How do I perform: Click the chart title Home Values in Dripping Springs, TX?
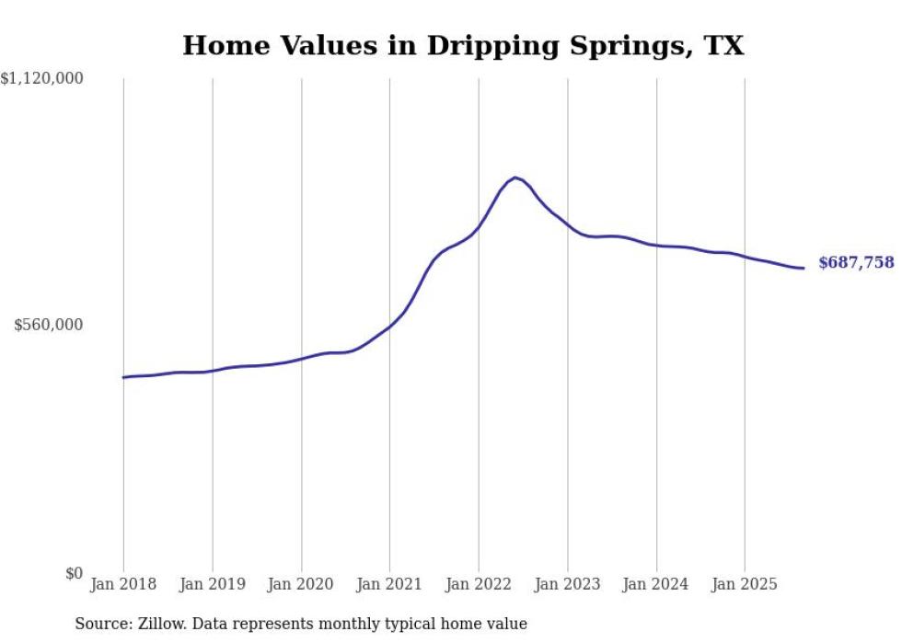tap(463, 45)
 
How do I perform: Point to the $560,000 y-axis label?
tap(49, 325)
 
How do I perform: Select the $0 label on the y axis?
tap(74, 573)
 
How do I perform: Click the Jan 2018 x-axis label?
tap(123, 584)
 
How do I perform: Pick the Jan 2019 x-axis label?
tap(213, 584)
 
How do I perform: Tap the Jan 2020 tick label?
tap(301, 584)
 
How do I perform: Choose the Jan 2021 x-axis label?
tap(389, 584)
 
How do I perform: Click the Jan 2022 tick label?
tap(479, 584)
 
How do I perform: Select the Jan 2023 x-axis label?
tap(568, 584)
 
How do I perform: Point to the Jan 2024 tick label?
tap(656, 584)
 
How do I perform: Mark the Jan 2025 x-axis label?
tap(745, 584)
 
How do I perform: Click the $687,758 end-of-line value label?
tap(856, 263)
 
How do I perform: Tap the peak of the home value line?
tap(515, 177)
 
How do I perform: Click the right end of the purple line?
tap(804, 268)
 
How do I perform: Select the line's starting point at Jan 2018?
tap(123, 377)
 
